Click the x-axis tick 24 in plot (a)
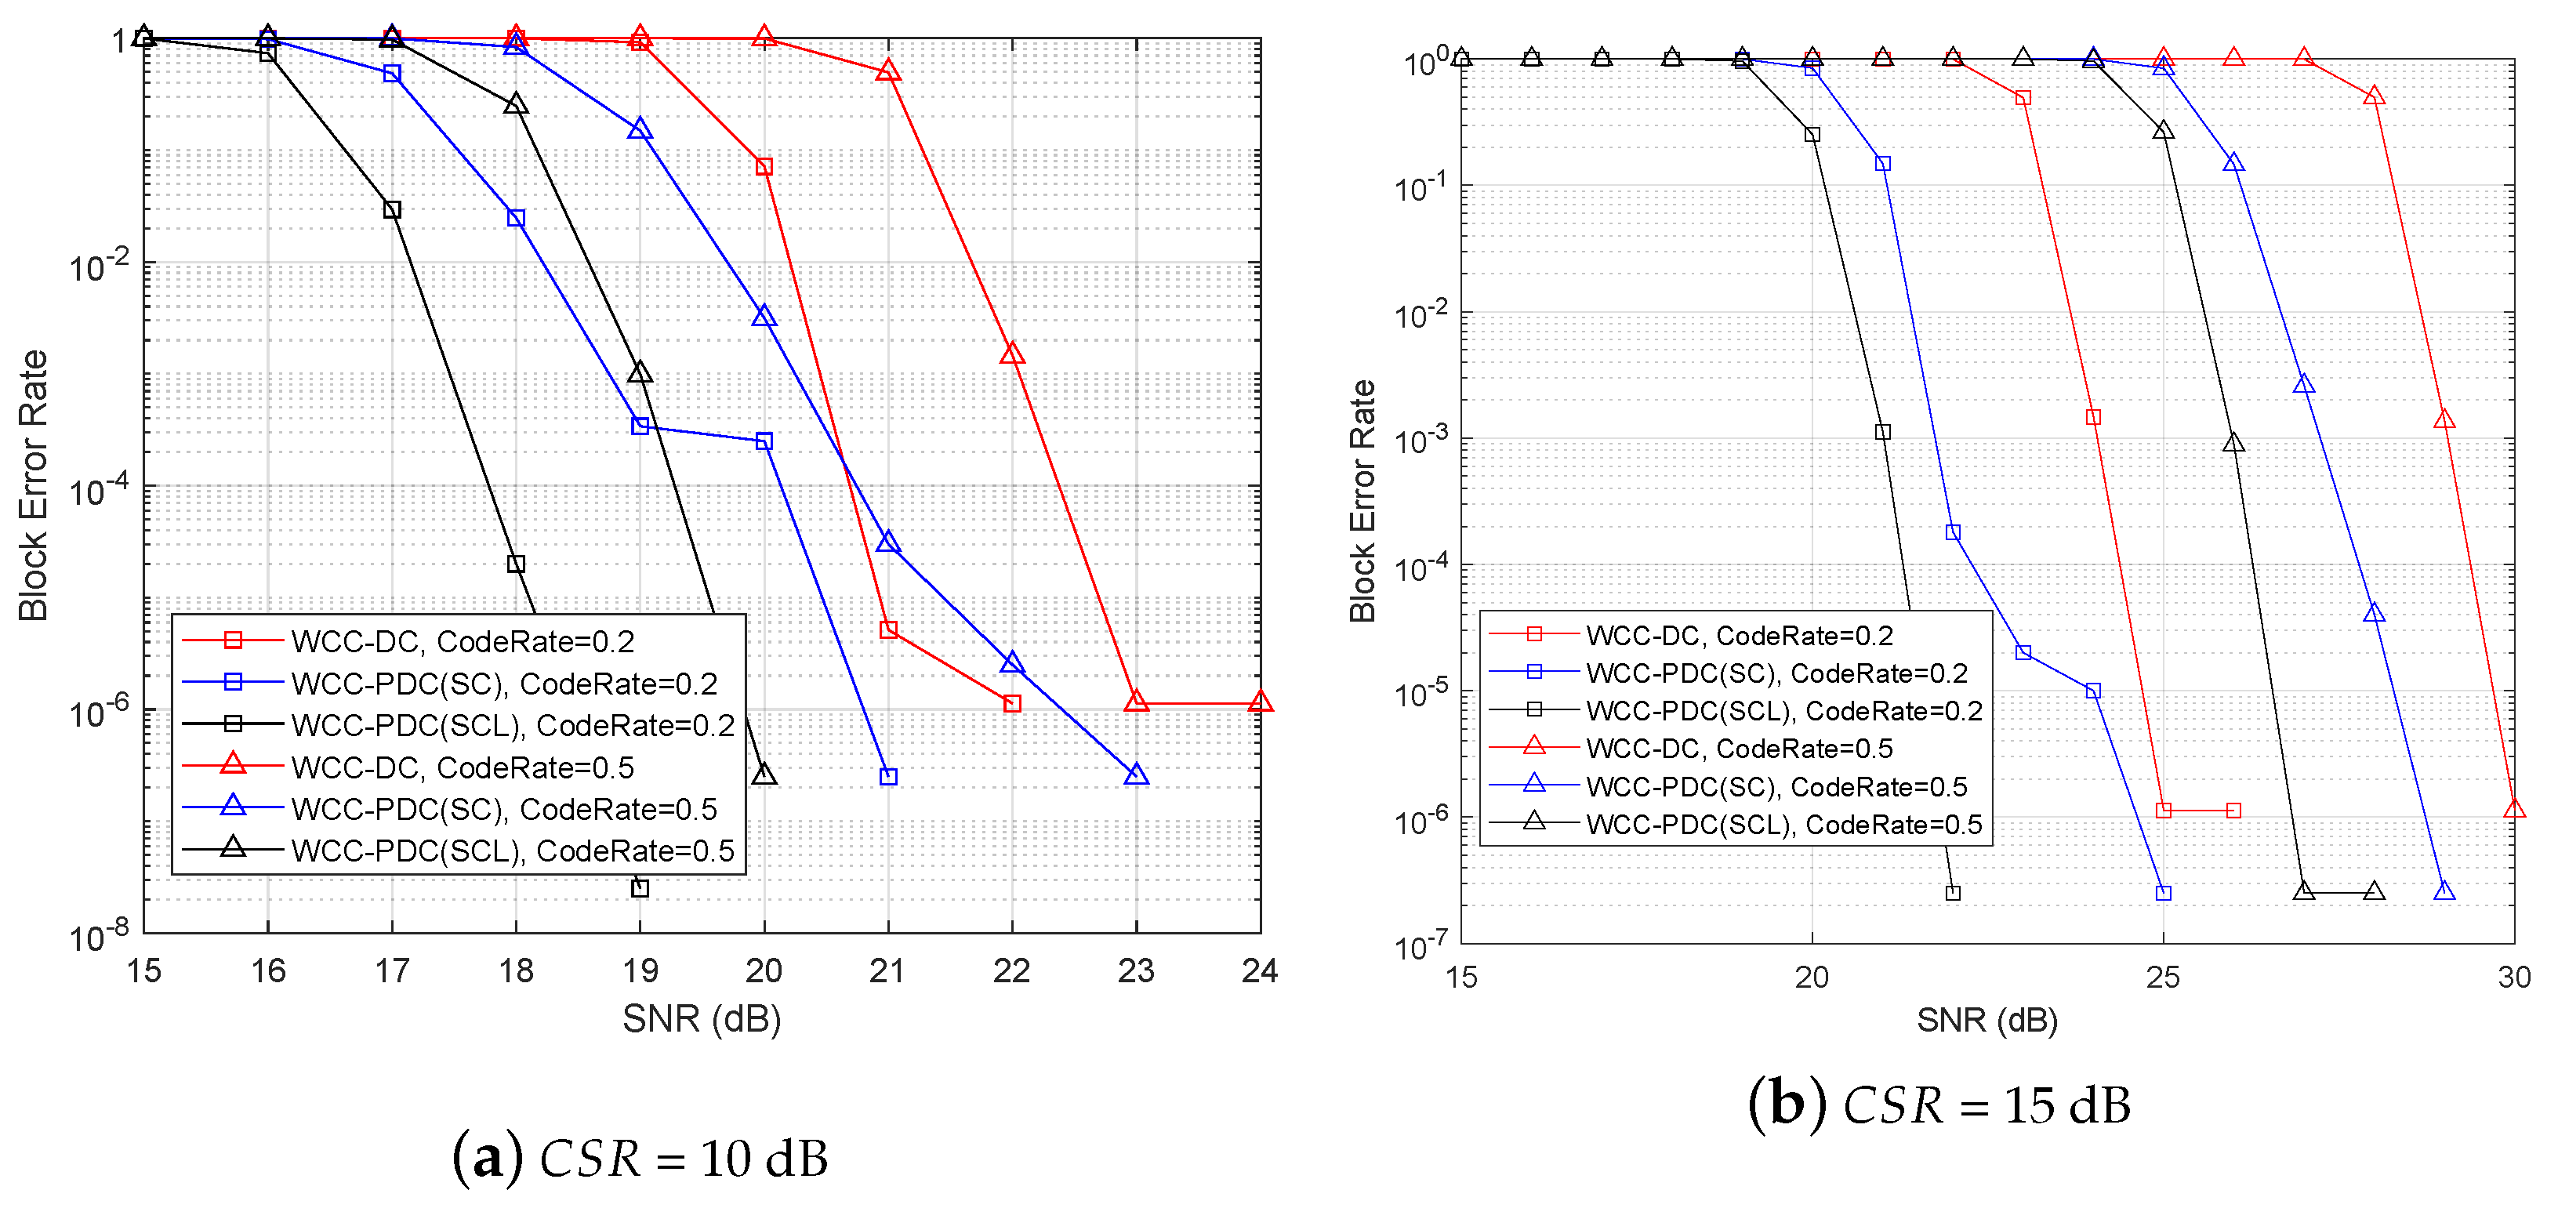pos(1259,970)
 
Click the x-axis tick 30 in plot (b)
pos(2513,978)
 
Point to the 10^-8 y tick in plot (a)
pos(100,935)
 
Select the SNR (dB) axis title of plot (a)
pos(701,1018)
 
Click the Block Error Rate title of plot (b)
pos(1362,500)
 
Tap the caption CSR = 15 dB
pos(1939,1105)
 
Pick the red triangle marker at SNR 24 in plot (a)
pos(1260,702)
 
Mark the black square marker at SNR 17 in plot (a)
pos(392,209)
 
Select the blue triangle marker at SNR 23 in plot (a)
pos(1136,774)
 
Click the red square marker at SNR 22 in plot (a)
pos(1012,702)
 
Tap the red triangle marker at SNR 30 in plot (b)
pos(2513,808)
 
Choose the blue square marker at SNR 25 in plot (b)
pos(2163,892)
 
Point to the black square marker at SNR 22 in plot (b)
pos(1952,892)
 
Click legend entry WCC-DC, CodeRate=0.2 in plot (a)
pos(462,641)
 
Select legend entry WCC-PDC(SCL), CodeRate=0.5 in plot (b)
pos(1783,824)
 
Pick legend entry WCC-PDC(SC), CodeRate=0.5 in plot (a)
pos(503,809)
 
